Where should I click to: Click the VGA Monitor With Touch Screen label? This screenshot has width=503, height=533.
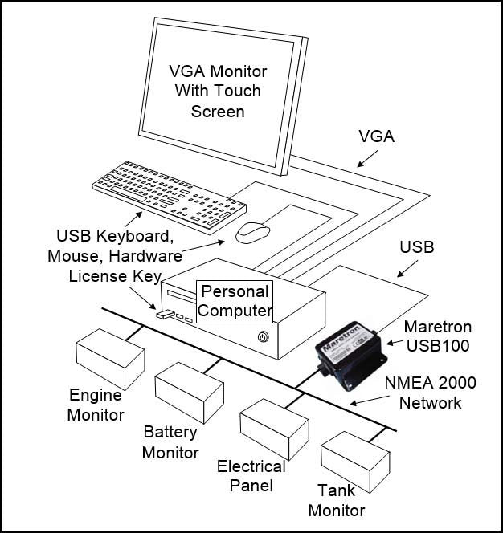click(217, 91)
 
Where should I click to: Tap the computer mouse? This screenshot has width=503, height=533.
click(253, 232)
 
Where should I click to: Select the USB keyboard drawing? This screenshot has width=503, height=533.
click(168, 195)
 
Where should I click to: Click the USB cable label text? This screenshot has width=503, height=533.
click(416, 247)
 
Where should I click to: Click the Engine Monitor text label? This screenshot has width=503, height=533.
click(96, 405)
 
